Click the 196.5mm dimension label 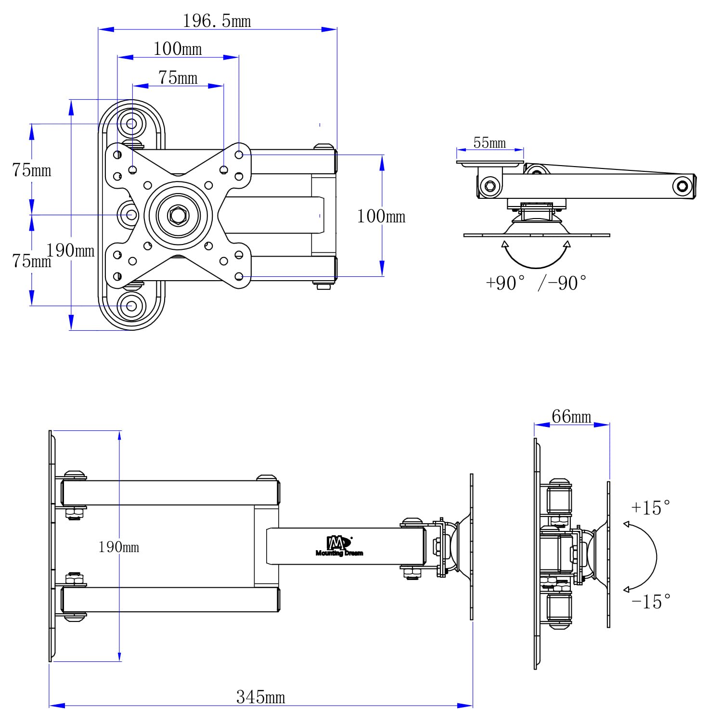pos(217,21)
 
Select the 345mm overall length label pos(260,697)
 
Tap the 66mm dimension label pos(571,416)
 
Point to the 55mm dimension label pos(490,143)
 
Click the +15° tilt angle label pos(651,508)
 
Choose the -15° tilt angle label pos(651,602)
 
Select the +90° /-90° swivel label pos(536,283)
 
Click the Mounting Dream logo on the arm pos(339,546)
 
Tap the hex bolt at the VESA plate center pos(178,215)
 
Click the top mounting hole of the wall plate pos(131,124)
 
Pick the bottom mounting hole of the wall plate pos(131,305)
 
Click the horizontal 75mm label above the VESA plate pos(178,77)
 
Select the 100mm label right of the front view pos(381,216)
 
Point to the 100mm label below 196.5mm pos(178,49)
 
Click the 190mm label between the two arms pos(118,547)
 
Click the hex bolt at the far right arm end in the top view pos(682,186)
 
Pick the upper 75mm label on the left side pos(32,170)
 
